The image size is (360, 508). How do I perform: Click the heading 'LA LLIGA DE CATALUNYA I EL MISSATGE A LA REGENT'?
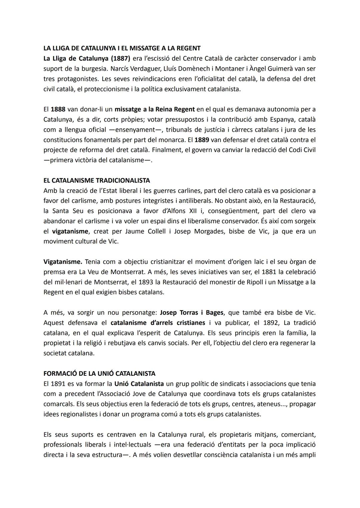coord(122,48)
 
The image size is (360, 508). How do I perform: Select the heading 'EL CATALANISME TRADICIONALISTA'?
coord(97,181)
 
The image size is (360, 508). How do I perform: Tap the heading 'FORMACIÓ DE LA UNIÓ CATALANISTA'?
coord(99,373)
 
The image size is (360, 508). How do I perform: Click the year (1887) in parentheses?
coord(120,59)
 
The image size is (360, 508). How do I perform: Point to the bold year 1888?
coord(58,109)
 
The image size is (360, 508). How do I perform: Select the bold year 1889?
coord(202,140)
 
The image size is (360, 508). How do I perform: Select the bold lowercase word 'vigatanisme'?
coord(70,231)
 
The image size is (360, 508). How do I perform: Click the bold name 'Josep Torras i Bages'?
coord(192,312)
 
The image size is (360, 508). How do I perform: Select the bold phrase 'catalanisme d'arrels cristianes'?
coord(158,323)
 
